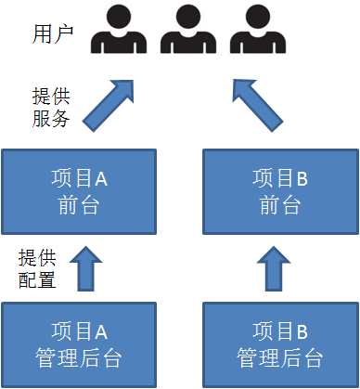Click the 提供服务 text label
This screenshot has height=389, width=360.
50,107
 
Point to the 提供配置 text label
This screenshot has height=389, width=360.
36,266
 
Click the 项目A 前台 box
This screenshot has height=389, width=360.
79,190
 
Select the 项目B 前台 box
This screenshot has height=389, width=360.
277,190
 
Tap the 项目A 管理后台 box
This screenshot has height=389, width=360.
79,344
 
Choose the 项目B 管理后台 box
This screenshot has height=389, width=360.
279,344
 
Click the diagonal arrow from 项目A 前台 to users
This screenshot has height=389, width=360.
109,104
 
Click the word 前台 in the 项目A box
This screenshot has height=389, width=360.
79,205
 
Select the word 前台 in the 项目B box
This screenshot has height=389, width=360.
277,205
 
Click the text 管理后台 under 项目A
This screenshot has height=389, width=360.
79,357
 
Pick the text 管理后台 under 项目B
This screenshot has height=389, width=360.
279,357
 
